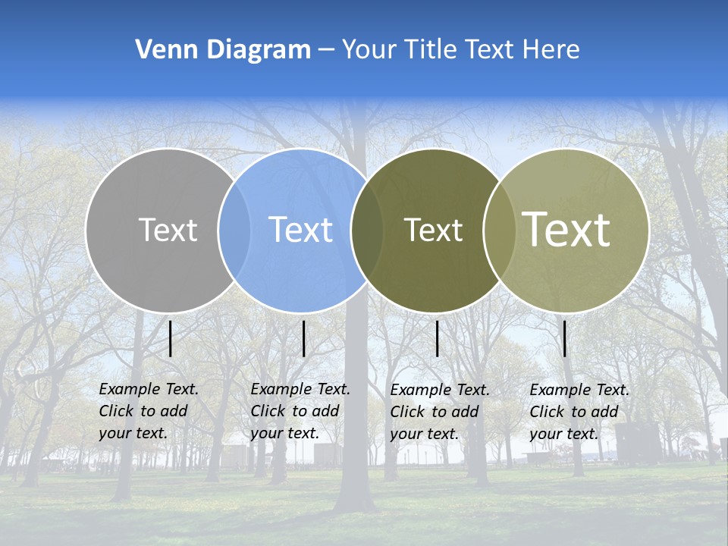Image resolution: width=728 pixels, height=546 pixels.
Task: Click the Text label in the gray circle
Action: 168,230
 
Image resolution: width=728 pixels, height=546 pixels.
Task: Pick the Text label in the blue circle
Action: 300,230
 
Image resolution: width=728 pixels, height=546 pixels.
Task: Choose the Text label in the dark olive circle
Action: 433,230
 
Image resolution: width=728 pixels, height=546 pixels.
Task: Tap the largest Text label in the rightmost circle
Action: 566,230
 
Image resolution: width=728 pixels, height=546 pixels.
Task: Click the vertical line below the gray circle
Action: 171,338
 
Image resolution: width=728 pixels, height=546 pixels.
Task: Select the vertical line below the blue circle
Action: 303,338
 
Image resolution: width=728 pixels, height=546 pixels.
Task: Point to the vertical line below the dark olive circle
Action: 438,338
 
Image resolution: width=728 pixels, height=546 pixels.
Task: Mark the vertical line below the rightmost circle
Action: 564,338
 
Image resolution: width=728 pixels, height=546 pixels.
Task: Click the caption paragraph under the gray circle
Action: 148,411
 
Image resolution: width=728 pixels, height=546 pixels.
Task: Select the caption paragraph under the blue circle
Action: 300,411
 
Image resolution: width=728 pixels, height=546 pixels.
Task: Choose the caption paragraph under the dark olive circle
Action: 439,412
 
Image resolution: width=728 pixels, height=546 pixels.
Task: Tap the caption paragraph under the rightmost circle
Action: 579,412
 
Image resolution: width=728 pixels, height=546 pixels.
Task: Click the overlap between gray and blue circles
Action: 234,231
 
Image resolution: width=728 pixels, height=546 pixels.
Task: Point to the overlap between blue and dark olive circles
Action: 367,231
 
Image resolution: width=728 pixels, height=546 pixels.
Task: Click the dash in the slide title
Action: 326,50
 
